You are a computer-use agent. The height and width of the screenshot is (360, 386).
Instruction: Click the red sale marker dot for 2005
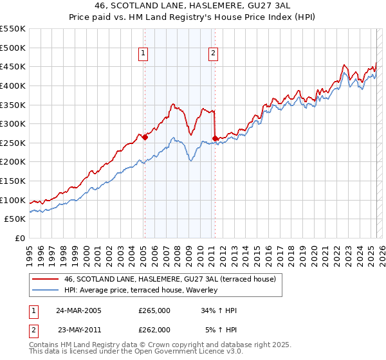[x=145, y=137]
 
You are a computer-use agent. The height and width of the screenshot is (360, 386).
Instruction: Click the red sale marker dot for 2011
[x=215, y=138]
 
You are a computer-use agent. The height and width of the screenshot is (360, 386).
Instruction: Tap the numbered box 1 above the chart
[x=142, y=54]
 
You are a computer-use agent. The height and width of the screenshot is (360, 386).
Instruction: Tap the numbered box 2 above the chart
[x=212, y=54]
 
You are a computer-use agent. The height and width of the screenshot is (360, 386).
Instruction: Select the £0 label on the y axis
[x=19, y=238]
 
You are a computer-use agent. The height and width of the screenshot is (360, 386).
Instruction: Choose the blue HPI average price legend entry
[x=141, y=290]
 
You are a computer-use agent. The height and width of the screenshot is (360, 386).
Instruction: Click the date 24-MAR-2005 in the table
[x=78, y=310]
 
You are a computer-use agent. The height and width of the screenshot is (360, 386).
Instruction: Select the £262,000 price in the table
[x=154, y=329]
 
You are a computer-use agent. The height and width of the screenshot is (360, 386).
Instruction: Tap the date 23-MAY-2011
[x=78, y=329]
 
